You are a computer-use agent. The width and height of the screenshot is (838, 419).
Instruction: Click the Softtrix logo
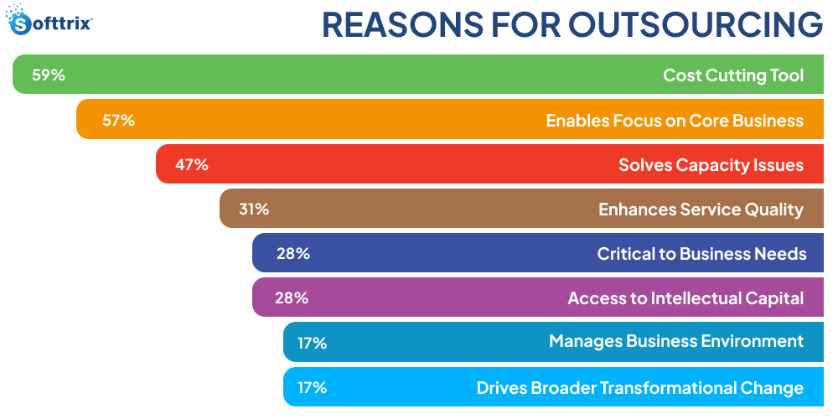[x=49, y=23]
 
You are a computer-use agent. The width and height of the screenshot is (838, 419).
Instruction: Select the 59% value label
[x=49, y=75]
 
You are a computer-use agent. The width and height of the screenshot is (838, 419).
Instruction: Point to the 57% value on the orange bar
[x=118, y=120]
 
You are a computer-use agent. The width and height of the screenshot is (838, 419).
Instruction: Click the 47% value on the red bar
[x=191, y=164]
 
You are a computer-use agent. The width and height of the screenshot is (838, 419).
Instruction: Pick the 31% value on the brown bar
[x=254, y=209]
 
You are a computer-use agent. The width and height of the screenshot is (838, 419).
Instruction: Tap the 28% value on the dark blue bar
[x=292, y=253]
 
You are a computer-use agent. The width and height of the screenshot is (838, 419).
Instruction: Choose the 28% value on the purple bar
[x=292, y=297]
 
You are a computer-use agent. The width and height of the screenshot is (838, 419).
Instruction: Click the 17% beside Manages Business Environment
[x=311, y=343]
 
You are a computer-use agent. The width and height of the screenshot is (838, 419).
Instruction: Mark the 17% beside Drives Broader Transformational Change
[x=311, y=387]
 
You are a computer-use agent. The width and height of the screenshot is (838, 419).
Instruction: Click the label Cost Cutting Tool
[x=733, y=75]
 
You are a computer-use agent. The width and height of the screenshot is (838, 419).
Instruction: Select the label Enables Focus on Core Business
[x=675, y=120]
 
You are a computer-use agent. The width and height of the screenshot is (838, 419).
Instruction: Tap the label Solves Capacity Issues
[x=711, y=164]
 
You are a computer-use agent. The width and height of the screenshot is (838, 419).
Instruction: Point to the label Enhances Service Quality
[x=701, y=209]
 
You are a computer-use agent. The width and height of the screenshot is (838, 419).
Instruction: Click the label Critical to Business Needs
[x=701, y=253]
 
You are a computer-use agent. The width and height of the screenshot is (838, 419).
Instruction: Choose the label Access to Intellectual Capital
[x=685, y=297]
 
